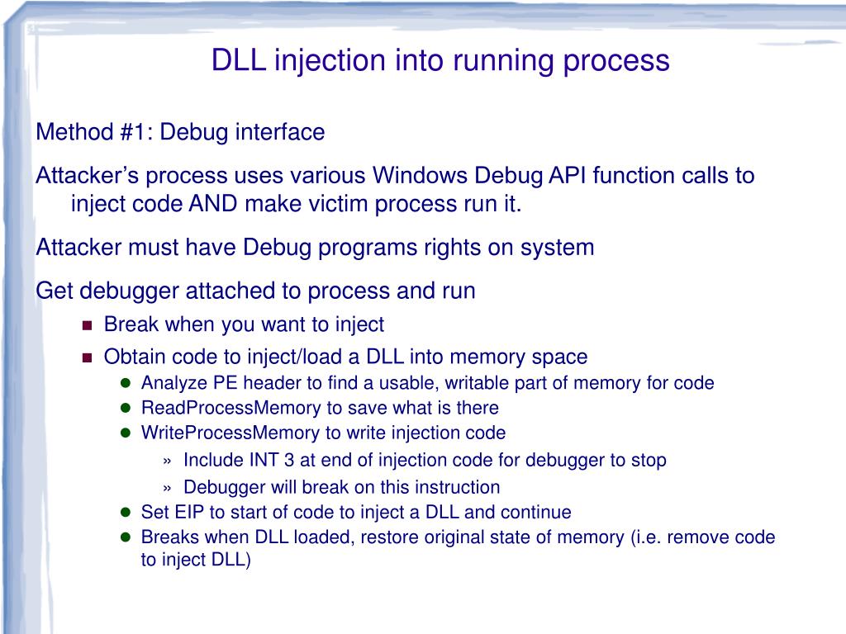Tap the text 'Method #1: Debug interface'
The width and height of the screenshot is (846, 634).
pyautogui.click(x=180, y=132)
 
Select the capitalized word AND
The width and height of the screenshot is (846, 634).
pyautogui.click(x=216, y=204)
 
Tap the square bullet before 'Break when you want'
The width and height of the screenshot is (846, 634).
pyautogui.click(x=88, y=325)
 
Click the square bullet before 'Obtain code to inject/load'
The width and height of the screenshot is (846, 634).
pyautogui.click(x=88, y=357)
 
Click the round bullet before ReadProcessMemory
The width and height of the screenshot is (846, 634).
pyautogui.click(x=126, y=408)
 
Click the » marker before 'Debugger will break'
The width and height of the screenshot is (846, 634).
pyautogui.click(x=169, y=487)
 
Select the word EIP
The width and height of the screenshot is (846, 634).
pyautogui.click(x=186, y=512)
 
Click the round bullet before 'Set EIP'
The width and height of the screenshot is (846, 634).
pyautogui.click(x=126, y=512)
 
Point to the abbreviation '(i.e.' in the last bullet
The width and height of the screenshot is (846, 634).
pyautogui.click(x=645, y=537)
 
